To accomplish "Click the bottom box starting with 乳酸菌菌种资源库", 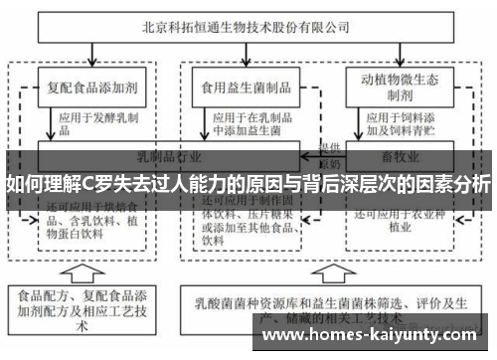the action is tap(328, 304).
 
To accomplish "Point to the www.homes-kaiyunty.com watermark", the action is tap(377, 336).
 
